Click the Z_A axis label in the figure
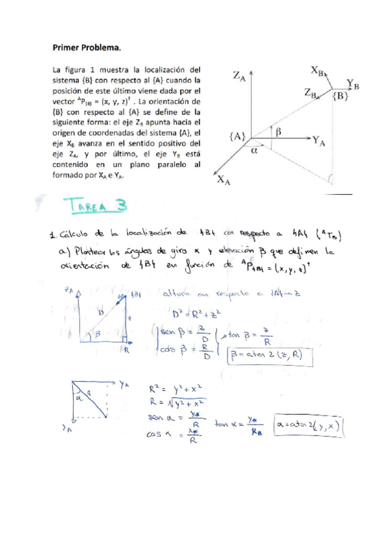click(238, 77)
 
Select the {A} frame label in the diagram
click(237, 136)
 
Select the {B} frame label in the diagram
click(342, 95)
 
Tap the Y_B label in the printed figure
click(353, 83)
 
